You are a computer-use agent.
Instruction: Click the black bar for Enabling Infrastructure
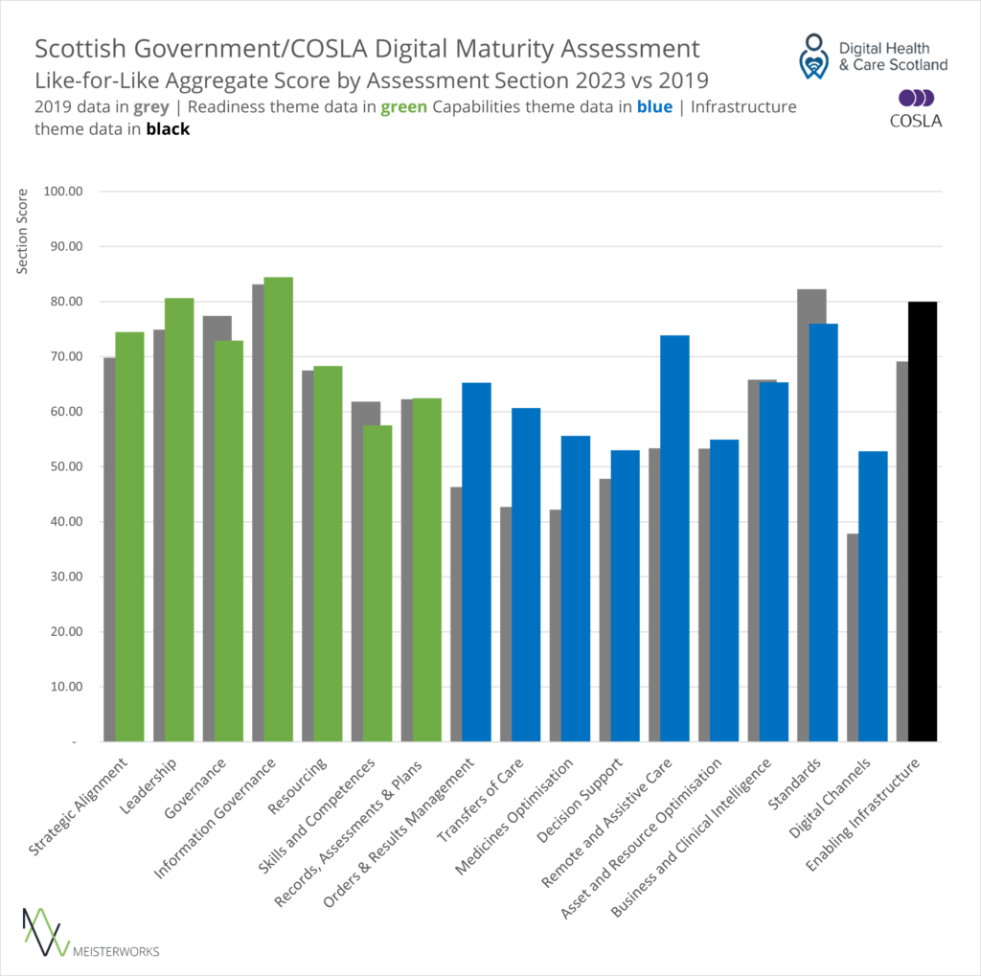(923, 522)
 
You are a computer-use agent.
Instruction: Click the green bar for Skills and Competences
(377, 583)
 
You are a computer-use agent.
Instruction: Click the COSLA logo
(916, 107)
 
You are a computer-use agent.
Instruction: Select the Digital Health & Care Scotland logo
(873, 57)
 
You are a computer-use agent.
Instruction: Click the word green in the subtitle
(402, 107)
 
